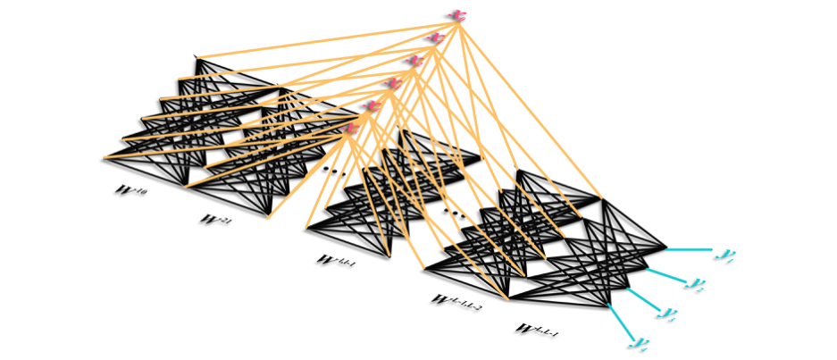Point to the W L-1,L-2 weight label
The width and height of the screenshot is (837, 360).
coord(456,302)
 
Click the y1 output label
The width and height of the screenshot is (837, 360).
coord(724,255)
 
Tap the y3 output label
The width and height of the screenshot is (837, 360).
coord(665,313)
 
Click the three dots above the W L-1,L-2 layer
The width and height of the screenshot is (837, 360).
coord(454,213)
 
